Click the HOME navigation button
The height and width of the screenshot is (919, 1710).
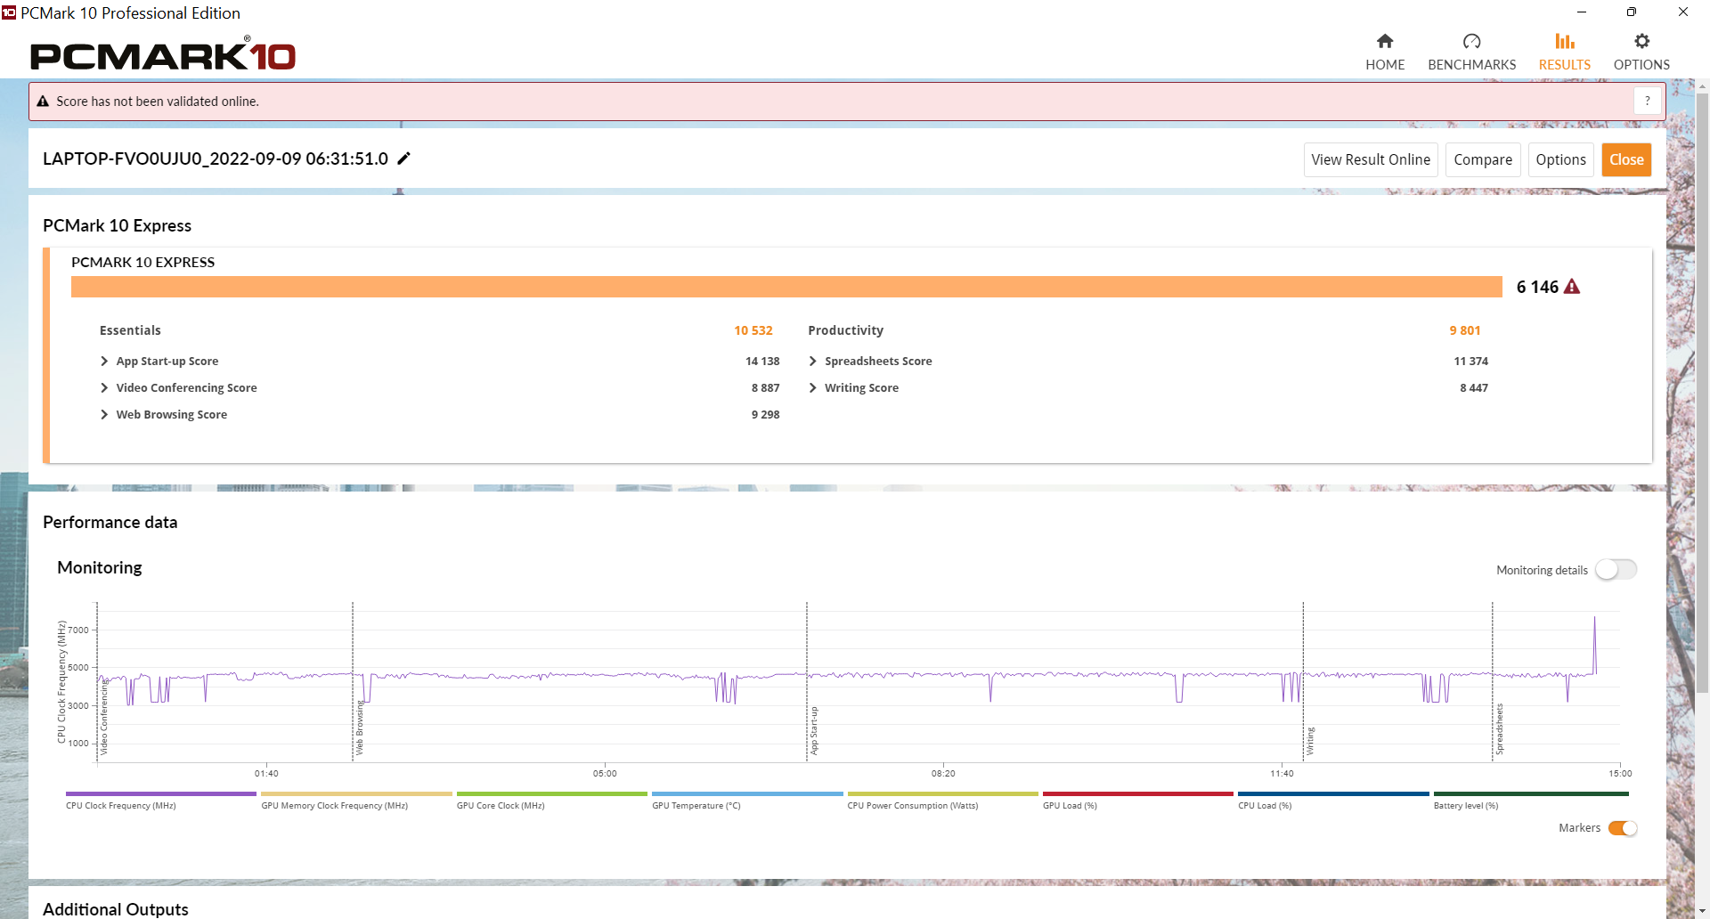click(1385, 52)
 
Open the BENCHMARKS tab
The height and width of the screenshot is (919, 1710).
click(1471, 52)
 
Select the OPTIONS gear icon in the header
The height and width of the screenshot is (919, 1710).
click(1641, 41)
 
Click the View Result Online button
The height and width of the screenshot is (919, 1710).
click(1371, 159)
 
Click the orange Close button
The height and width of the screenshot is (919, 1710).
click(1626, 159)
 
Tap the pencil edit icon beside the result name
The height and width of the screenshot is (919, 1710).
click(403, 159)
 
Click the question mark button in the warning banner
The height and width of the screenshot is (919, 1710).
click(1648, 101)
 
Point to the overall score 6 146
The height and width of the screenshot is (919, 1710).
click(1537, 287)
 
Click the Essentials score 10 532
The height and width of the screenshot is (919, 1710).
click(753, 330)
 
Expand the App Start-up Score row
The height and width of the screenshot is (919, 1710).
click(104, 361)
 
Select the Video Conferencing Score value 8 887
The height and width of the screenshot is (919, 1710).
click(765, 387)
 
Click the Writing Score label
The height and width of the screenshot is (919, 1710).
click(861, 387)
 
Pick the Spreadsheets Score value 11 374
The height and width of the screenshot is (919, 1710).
click(1470, 361)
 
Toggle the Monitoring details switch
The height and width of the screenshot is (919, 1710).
click(1616, 569)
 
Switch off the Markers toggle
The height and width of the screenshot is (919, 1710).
click(1623, 828)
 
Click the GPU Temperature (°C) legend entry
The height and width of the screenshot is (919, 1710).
click(696, 805)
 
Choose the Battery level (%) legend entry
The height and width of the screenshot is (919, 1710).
click(1466, 805)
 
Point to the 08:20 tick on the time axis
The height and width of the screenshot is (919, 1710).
click(943, 773)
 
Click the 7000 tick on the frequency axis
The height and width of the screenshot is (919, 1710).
click(78, 630)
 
